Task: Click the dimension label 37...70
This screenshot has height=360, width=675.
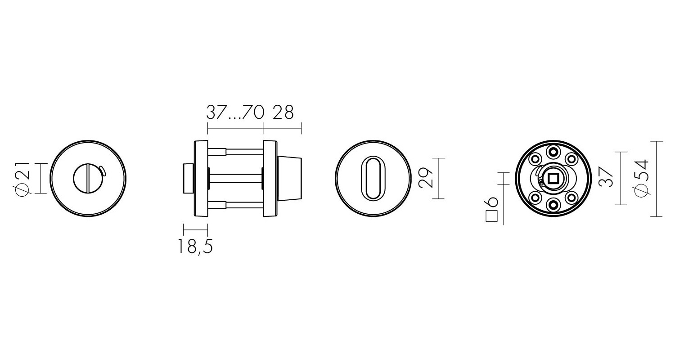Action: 234,112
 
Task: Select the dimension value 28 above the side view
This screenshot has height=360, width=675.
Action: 283,112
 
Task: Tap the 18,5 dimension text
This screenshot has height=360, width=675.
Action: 195,246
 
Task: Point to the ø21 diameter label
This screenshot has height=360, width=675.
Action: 22,179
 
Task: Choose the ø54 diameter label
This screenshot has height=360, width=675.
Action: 643,178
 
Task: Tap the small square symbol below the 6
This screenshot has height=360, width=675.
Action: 491,216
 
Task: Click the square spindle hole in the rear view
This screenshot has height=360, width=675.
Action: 552,179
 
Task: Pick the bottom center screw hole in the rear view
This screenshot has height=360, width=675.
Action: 552,205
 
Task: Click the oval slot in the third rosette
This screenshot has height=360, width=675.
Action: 373,178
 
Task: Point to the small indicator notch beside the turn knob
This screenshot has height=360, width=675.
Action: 103,170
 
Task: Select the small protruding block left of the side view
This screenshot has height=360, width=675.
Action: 188,179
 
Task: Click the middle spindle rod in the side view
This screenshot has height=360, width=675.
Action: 235,178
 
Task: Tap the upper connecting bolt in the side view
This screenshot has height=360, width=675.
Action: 235,152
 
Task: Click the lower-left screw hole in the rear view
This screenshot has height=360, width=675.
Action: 535,197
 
